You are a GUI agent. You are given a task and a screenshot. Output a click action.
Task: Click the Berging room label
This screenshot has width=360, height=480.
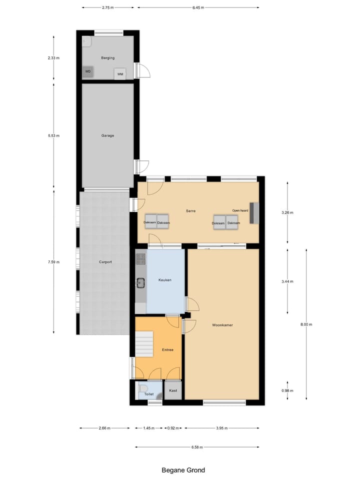(x=107, y=58)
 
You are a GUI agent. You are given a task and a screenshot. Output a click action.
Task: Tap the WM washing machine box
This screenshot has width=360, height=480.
(x=120, y=74)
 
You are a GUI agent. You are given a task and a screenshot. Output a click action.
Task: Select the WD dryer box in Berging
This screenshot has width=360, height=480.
(x=88, y=71)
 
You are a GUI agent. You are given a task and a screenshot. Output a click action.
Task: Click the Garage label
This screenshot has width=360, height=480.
(x=107, y=135)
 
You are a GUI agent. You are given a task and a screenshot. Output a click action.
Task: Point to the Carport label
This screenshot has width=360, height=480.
(x=105, y=261)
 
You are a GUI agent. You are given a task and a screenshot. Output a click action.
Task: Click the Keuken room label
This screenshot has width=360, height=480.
(x=165, y=280)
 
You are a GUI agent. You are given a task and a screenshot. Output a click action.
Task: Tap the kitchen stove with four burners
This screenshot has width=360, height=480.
(x=140, y=258)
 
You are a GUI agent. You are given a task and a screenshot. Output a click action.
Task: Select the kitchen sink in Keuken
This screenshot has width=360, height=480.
(x=140, y=283)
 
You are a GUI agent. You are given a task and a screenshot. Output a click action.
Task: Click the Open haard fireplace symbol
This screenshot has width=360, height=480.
(x=254, y=212)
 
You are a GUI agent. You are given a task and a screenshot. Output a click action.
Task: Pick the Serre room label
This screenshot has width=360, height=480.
(x=190, y=211)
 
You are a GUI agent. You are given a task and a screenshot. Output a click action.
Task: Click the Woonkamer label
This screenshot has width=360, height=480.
(x=222, y=325)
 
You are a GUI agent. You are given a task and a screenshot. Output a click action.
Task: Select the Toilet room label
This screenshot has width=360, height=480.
(x=149, y=394)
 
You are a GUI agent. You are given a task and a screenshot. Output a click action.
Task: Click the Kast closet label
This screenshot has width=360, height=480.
(x=173, y=390)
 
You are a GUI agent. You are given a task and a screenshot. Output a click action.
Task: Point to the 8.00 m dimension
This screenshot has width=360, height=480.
(x=306, y=324)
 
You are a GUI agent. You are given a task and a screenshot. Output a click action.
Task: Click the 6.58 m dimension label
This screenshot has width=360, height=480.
(x=196, y=447)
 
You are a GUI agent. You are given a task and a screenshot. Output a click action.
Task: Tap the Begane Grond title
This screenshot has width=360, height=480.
(x=183, y=470)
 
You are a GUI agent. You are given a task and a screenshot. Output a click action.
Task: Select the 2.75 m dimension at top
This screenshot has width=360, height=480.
(x=108, y=8)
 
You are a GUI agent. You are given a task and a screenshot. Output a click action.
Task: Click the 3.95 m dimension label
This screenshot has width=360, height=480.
(x=221, y=428)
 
